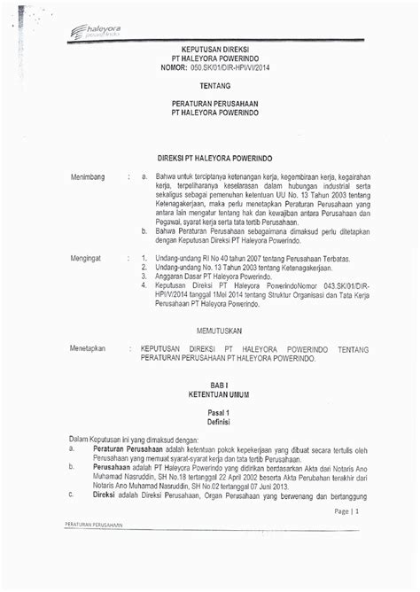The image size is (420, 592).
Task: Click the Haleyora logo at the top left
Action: tap(94, 32)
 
